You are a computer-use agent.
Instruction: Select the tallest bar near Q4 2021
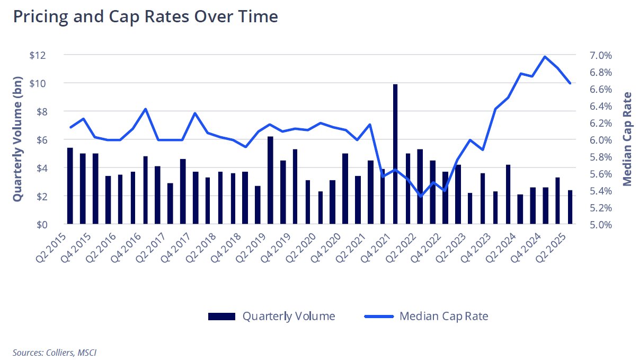point(395,154)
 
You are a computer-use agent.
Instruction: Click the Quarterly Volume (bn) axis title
point(17,139)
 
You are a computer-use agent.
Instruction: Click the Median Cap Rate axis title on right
point(627,139)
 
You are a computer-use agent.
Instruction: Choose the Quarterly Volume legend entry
point(272,317)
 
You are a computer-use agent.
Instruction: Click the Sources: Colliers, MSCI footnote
point(55,352)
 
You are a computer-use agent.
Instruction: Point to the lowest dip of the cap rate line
point(420,196)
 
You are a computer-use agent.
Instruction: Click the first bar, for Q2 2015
point(70,186)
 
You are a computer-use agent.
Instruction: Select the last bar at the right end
point(570,207)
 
